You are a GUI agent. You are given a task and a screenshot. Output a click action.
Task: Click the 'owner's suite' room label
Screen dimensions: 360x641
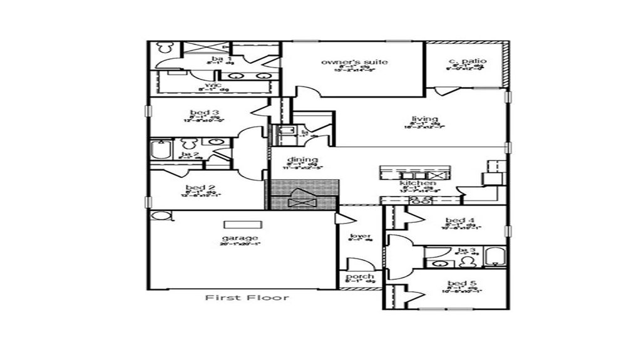coord(354,62)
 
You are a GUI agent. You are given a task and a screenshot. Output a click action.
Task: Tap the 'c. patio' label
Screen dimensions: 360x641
coord(467,61)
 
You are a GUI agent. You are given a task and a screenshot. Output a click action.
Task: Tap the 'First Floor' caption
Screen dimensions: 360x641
coord(247,297)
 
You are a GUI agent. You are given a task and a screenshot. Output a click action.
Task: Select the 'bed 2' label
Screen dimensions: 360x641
coord(200,188)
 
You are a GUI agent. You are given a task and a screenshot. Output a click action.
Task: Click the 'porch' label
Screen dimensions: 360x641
coord(359,276)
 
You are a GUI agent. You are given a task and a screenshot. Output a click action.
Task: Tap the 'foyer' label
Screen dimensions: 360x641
coord(360,236)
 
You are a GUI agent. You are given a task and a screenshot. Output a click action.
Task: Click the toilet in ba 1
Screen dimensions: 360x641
coord(165,48)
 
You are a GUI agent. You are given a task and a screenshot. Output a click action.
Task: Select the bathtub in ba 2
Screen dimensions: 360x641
coord(160,150)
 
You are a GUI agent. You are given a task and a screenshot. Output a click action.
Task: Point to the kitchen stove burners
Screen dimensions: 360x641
coord(420,200)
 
